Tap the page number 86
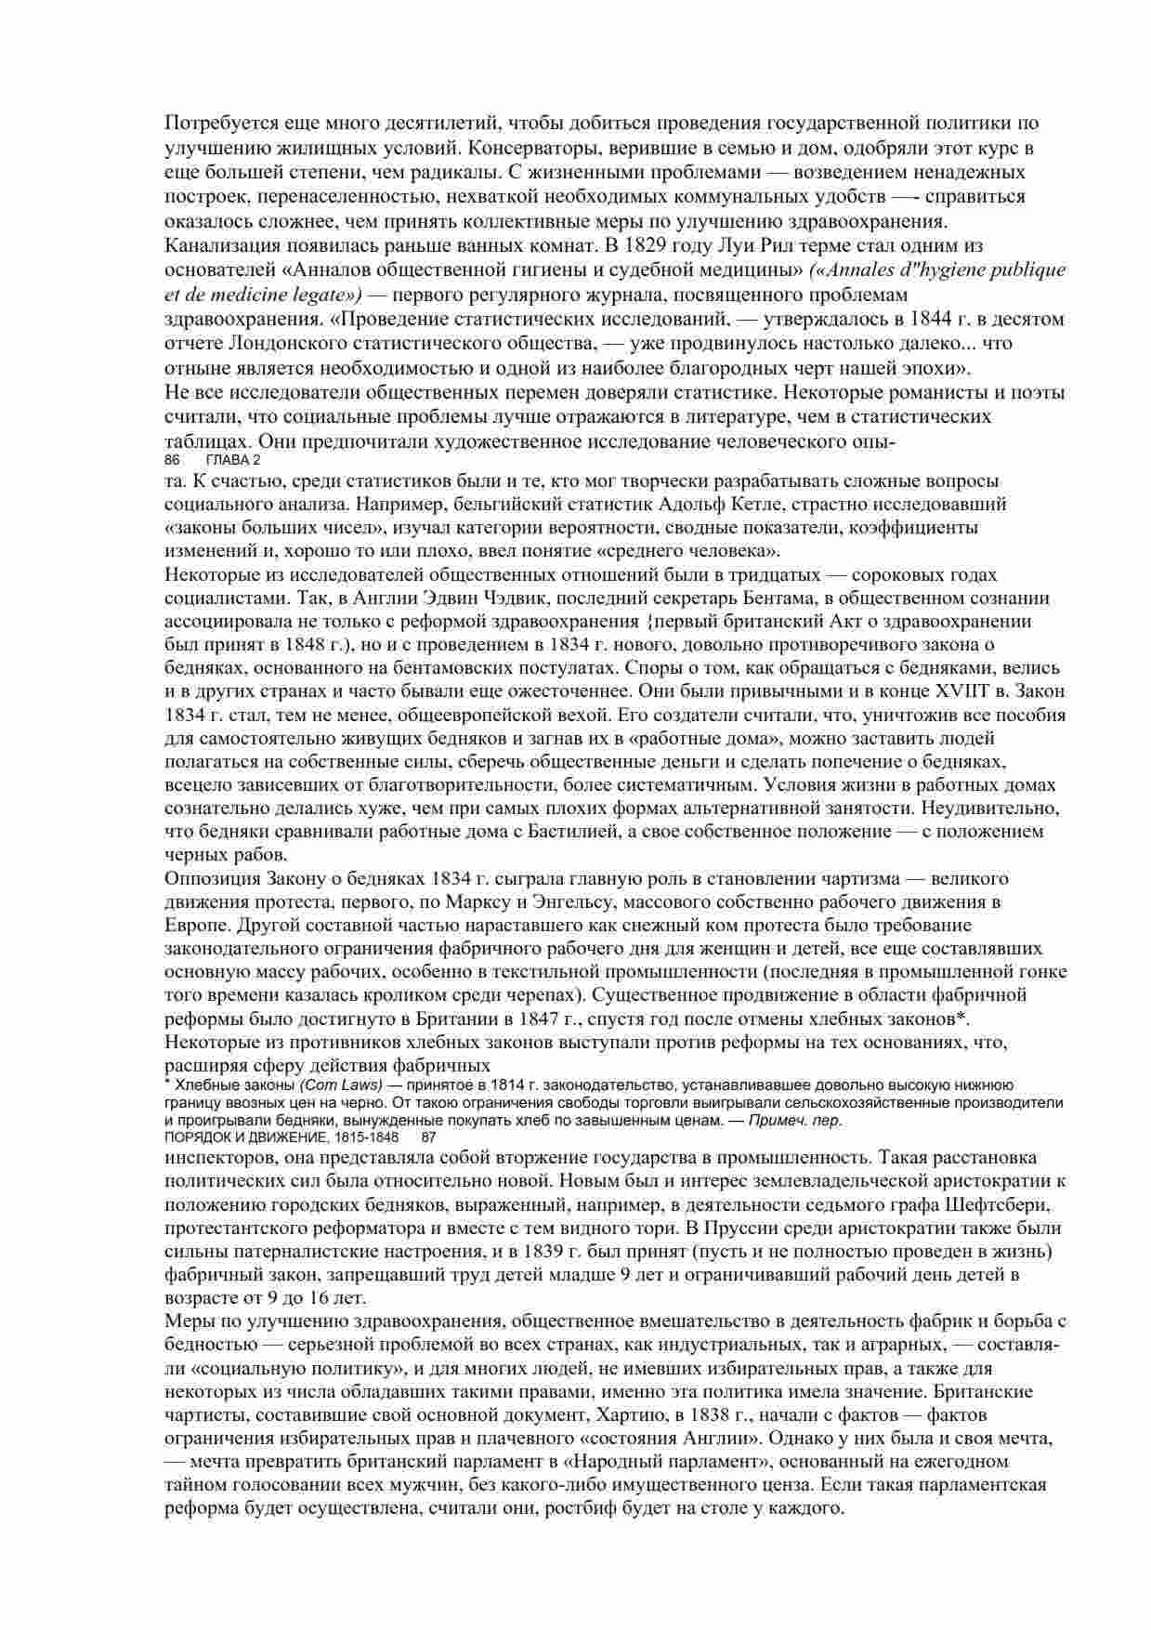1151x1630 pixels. click(171, 460)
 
